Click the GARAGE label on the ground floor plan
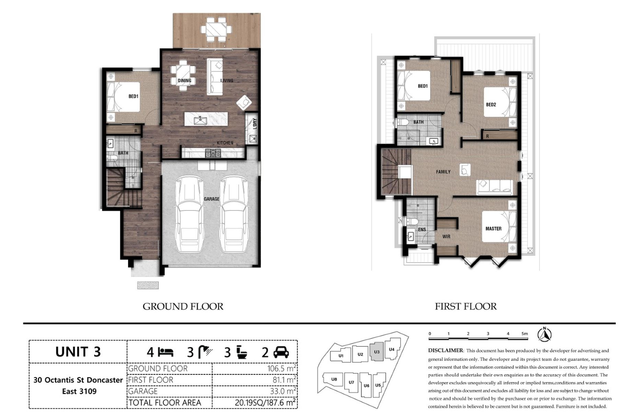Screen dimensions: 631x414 coord(211,199)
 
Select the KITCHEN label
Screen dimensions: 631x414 coord(225,143)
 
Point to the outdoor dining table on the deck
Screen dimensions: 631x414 coord(216,29)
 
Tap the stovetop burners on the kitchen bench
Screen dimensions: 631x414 coord(213,153)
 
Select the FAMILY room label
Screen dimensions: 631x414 coord(443,172)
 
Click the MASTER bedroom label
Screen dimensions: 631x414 coord(493,229)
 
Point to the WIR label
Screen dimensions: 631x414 coord(446,237)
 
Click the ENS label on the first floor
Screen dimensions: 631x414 coord(422,230)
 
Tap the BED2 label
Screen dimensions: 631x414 coord(491,105)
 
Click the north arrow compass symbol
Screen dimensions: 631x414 coord(547,335)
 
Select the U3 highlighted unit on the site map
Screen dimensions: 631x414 coord(376,351)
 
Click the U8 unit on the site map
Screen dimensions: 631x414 coord(334,379)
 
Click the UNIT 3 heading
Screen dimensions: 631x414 coord(78,352)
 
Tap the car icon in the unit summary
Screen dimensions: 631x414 coord(281,352)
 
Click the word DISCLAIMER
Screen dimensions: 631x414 coord(446,350)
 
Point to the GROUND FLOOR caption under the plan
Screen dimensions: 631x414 coord(183,307)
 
